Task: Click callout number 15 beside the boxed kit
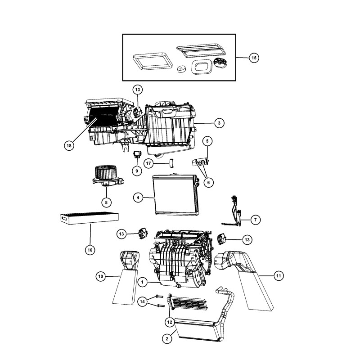254,58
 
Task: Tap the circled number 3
218,122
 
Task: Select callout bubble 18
69,145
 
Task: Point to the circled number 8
106,202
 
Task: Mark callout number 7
255,220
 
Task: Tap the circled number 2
167,339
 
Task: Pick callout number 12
170,321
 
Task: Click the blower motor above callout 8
106,176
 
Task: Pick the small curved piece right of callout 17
171,163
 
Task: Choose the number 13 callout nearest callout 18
137,89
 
